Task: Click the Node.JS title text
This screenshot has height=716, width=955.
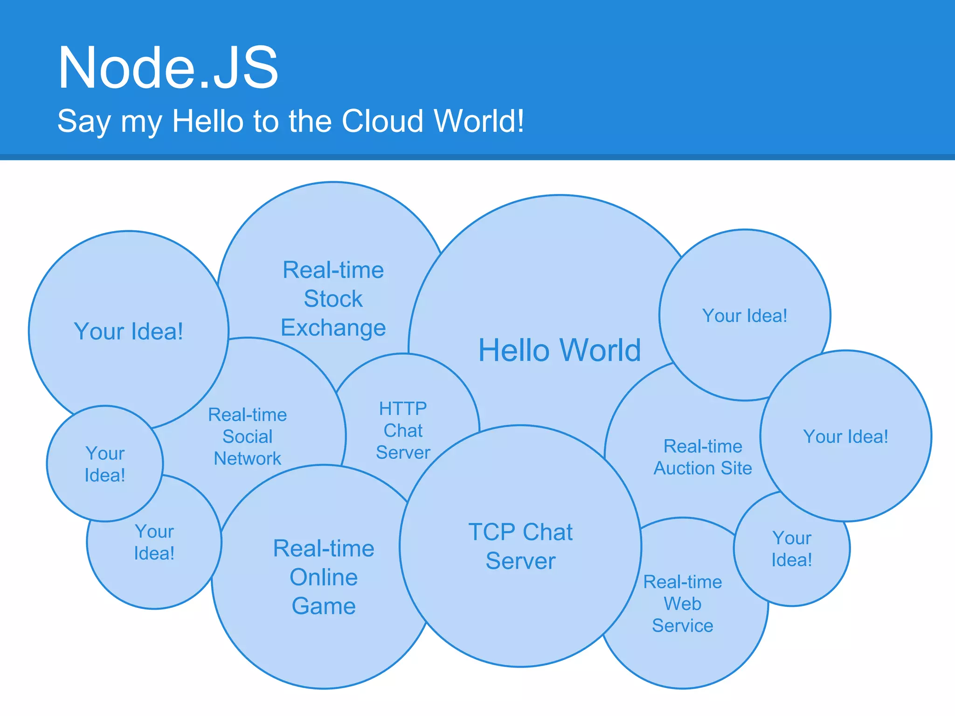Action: (x=168, y=68)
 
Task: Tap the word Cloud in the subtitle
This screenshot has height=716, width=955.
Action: (x=382, y=121)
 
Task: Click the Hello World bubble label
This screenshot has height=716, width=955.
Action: (x=560, y=350)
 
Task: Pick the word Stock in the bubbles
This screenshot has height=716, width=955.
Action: (x=333, y=299)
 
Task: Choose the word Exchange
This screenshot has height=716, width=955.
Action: (x=333, y=328)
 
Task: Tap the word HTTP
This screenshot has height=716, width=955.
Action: (x=403, y=409)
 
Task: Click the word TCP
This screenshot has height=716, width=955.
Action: (x=491, y=532)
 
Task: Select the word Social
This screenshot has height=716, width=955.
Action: (x=247, y=437)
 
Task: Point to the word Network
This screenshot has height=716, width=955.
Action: (x=247, y=459)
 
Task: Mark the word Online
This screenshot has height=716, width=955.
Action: (x=324, y=578)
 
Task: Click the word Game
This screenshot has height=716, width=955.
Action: (x=324, y=606)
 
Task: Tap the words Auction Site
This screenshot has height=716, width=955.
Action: (x=703, y=468)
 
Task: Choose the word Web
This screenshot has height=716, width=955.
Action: (x=683, y=604)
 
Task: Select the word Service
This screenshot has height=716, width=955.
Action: (x=683, y=626)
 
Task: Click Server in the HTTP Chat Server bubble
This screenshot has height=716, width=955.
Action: (x=403, y=453)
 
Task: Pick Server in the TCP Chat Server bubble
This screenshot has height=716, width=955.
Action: (x=520, y=561)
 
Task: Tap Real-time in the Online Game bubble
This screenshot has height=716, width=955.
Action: (x=324, y=549)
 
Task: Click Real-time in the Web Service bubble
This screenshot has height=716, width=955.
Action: (x=683, y=582)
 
